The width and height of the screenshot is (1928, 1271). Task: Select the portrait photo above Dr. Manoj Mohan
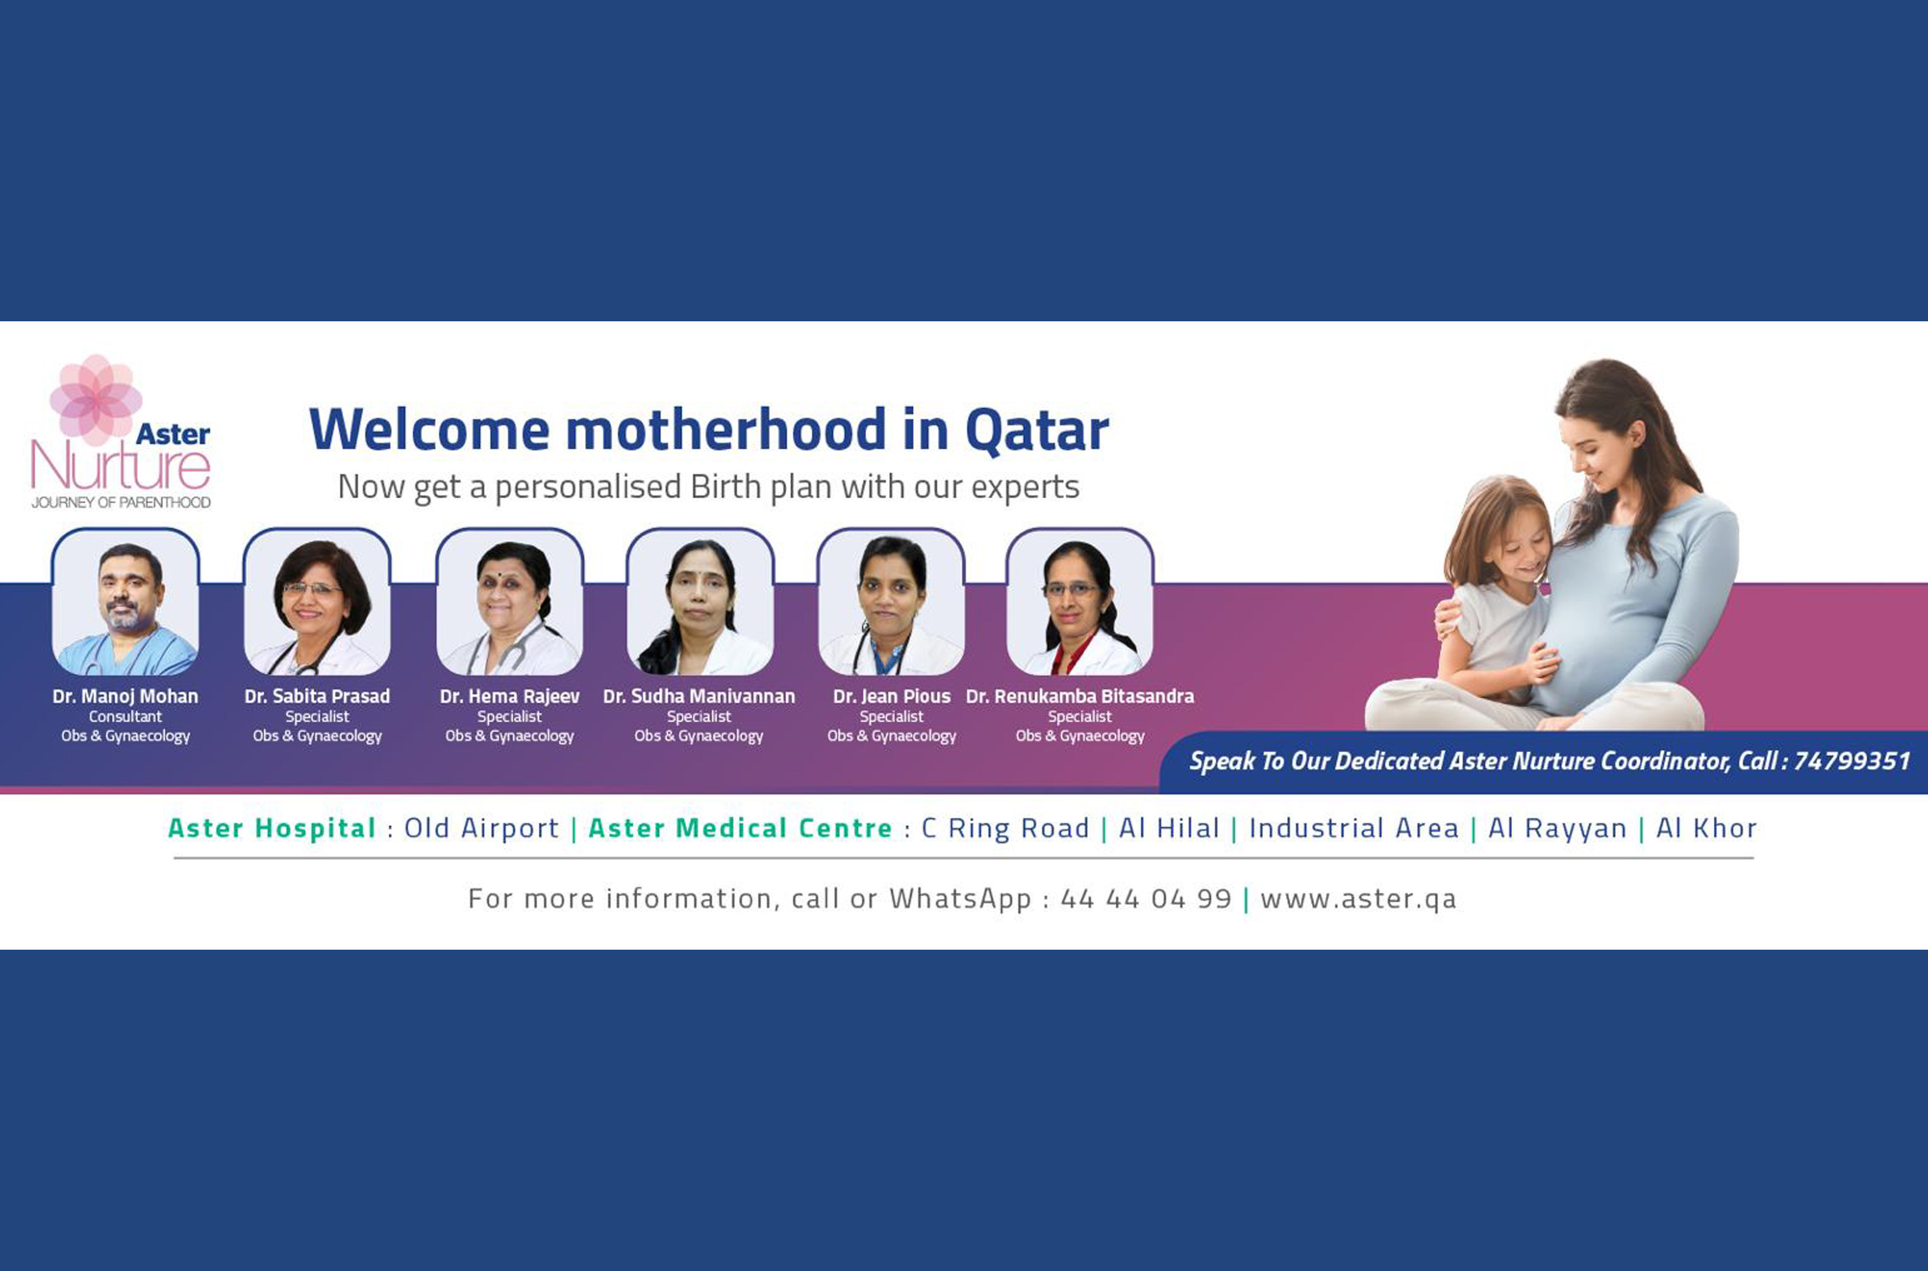[126, 604]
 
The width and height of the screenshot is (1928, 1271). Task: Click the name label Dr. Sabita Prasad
[317, 697]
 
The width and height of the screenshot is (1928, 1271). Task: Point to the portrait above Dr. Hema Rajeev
[509, 604]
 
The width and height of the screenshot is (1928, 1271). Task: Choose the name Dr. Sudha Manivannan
[699, 697]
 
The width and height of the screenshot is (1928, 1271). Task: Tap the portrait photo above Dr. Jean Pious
[891, 604]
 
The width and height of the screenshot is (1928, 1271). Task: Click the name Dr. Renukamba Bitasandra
[1079, 697]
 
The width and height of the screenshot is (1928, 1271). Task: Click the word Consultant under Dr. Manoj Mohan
[126, 716]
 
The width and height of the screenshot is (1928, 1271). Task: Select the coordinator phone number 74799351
[1852, 761]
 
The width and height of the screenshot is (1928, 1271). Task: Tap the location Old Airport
[482, 828]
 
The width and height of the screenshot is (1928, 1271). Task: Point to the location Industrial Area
[1353, 828]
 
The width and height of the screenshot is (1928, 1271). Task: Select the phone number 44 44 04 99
[1146, 899]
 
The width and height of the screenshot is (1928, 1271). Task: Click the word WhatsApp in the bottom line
[960, 899]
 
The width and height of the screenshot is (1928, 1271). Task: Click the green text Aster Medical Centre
[740, 828]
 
